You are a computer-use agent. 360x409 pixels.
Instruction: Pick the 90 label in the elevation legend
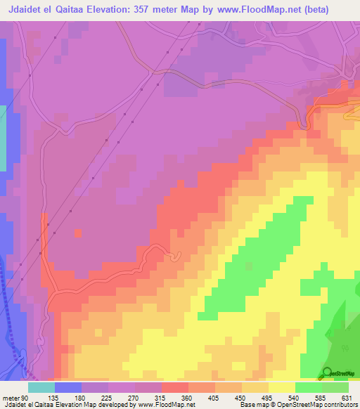[x=26, y=397]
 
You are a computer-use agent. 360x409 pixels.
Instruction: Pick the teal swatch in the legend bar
[x=41, y=387]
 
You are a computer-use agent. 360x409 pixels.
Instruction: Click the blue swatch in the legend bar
[x=67, y=387]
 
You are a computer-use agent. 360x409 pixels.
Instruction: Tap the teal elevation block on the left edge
[x=3, y=137]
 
